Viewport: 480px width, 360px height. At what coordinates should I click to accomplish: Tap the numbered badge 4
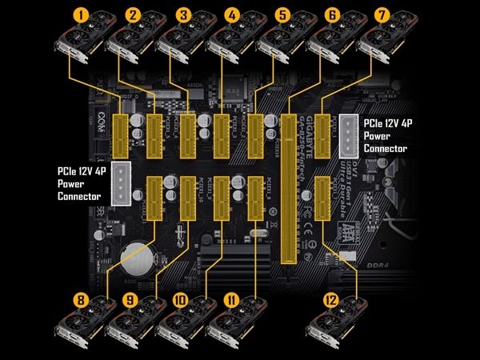coord(232,14)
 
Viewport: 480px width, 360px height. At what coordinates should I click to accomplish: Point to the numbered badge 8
coord(79,301)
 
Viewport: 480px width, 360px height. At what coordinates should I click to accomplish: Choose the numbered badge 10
coord(181,301)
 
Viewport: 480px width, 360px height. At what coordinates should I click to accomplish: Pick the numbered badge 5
coord(283,14)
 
